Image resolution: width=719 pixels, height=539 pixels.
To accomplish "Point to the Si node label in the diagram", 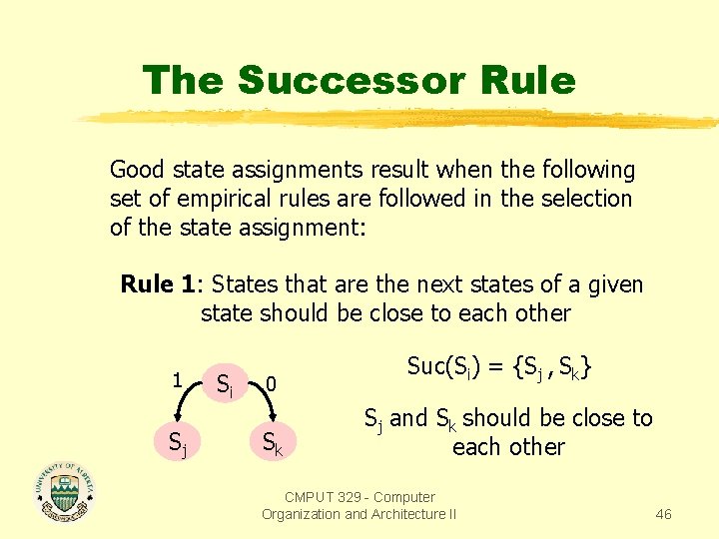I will [x=227, y=382].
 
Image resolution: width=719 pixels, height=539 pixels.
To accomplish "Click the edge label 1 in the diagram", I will [x=176, y=379].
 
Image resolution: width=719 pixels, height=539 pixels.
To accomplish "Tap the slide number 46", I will [x=663, y=514].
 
